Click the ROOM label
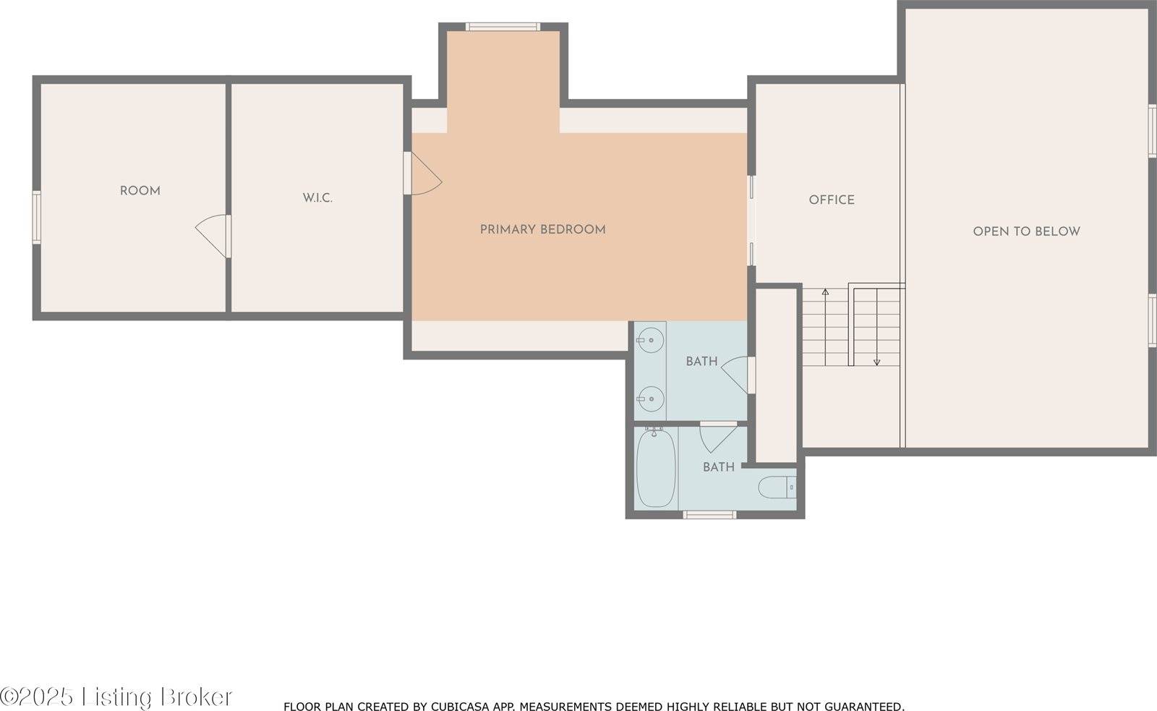click(x=140, y=191)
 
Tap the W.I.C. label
click(x=317, y=198)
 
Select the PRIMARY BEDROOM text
click(x=543, y=229)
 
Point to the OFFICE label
click(x=832, y=200)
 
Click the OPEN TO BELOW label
click(x=1026, y=231)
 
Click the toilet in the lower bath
click(x=777, y=488)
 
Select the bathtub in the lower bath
click(x=655, y=468)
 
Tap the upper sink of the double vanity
click(x=650, y=340)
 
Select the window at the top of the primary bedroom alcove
click(x=503, y=27)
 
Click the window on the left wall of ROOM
click(x=37, y=217)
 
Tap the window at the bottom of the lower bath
click(x=709, y=515)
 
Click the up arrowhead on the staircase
click(x=825, y=292)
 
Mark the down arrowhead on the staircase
click(x=876, y=362)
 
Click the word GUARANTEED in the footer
click(x=864, y=707)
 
